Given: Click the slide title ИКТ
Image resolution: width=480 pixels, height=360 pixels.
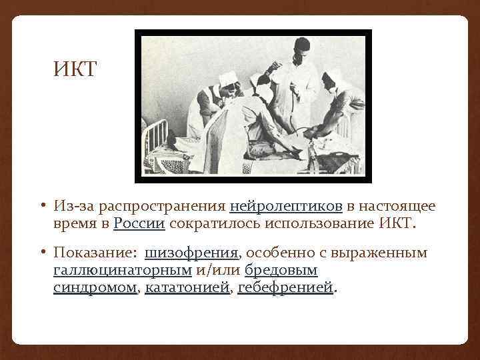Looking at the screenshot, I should (75, 69).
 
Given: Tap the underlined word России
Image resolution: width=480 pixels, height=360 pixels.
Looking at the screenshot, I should (139, 223).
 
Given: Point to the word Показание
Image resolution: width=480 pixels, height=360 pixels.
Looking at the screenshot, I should (92, 254).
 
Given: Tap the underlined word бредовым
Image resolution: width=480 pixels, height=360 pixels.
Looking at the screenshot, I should (281, 271).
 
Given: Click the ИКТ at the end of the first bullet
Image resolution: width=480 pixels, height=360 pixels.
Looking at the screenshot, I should (397, 223).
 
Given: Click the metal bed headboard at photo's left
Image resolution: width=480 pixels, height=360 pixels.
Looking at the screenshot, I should (157, 137).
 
